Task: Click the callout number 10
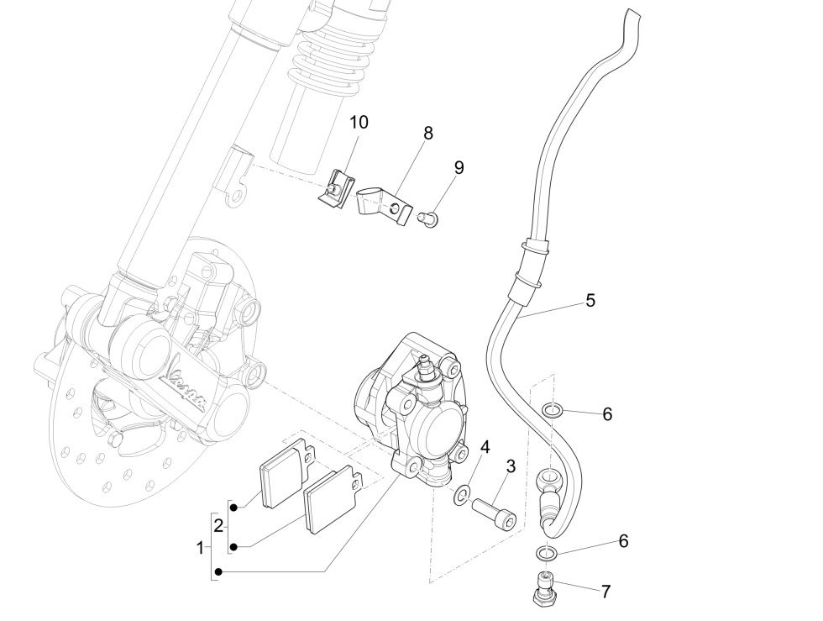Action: click(x=359, y=123)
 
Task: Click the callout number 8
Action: click(x=428, y=133)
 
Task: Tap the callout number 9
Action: click(x=459, y=167)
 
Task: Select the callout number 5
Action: click(x=590, y=300)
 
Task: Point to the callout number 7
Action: click(x=605, y=591)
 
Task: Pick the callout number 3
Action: click(x=510, y=466)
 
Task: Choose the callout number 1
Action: click(x=200, y=549)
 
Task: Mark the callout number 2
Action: click(x=218, y=527)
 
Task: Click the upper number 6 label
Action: click(x=607, y=413)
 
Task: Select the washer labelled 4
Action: click(x=462, y=497)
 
